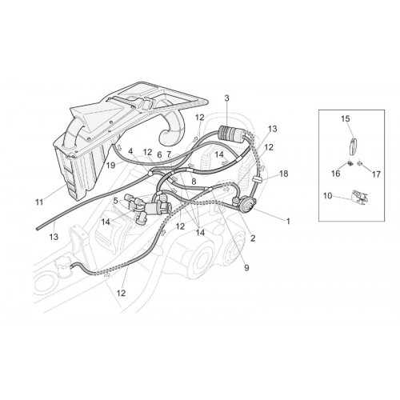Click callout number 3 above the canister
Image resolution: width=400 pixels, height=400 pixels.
pyautogui.click(x=226, y=98)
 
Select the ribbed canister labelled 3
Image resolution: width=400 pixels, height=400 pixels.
pyautogui.click(x=231, y=133)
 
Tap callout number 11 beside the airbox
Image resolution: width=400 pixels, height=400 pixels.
pyautogui.click(x=39, y=202)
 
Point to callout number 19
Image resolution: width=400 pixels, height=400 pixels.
pyautogui.click(x=110, y=166)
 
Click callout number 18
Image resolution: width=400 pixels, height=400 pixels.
pyautogui.click(x=284, y=174)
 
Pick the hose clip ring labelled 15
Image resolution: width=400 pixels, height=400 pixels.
pyautogui.click(x=353, y=146)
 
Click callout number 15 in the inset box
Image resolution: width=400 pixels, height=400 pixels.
pyautogui.click(x=346, y=118)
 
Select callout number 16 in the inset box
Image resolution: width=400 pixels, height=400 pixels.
pyautogui.click(x=336, y=174)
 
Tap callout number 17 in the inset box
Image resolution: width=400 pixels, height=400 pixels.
pyautogui.click(x=376, y=174)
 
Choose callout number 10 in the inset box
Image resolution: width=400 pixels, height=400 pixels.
pyautogui.click(x=328, y=196)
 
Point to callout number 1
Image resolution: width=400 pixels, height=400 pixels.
pyautogui.click(x=288, y=221)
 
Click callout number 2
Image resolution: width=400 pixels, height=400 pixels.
pyautogui.click(x=253, y=238)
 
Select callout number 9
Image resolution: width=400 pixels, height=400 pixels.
pyautogui.click(x=246, y=268)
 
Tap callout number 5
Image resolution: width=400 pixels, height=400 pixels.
pyautogui.click(x=115, y=201)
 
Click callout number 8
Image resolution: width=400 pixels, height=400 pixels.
pyautogui.click(x=194, y=182)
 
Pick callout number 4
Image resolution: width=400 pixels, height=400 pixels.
pyautogui.click(x=130, y=151)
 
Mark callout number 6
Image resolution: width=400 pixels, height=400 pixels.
pyautogui.click(x=159, y=154)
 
